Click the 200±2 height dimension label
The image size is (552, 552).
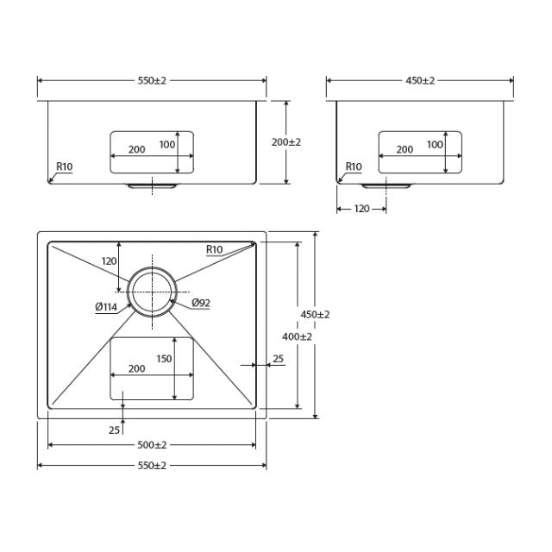[286, 142]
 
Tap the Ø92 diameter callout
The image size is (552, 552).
[201, 303]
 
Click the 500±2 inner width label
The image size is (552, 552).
[152, 445]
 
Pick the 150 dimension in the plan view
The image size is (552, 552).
[164, 359]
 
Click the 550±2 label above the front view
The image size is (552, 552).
[152, 80]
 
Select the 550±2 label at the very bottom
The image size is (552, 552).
[152, 466]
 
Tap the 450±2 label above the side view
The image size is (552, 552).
[420, 80]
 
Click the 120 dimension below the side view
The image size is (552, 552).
[361, 209]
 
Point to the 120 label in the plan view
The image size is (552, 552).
[109, 260]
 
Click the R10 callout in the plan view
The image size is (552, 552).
[214, 250]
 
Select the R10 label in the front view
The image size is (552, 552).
[64, 166]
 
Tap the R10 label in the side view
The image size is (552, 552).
[353, 166]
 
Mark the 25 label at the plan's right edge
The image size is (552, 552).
[278, 358]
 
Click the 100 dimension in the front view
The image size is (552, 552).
[166, 145]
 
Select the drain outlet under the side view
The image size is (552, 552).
[386, 185]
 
